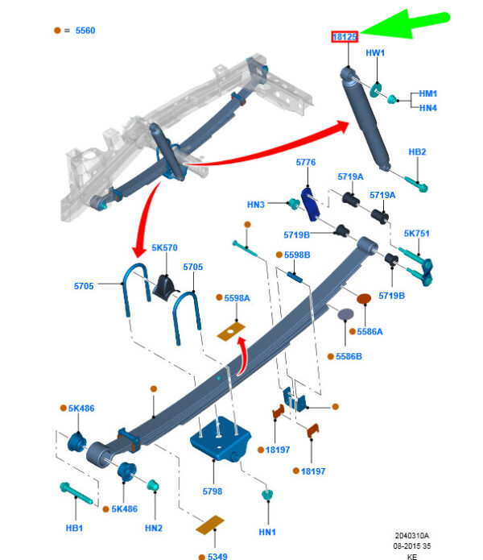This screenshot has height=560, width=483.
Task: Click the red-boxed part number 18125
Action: (x=345, y=36)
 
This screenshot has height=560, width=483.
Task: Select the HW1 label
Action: (x=376, y=53)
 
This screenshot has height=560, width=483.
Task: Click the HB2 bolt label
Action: (x=417, y=152)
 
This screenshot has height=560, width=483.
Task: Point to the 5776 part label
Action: (x=306, y=163)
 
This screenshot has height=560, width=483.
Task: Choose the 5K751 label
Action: (x=416, y=234)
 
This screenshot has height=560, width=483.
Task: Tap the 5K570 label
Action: (x=164, y=248)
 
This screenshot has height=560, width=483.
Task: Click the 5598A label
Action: (x=237, y=298)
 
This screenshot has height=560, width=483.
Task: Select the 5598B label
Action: (x=297, y=255)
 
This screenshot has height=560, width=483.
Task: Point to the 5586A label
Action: (x=370, y=330)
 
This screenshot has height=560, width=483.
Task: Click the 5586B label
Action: (x=349, y=356)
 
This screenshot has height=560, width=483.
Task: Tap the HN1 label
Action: (x=267, y=533)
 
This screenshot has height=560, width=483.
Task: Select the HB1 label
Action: (x=74, y=529)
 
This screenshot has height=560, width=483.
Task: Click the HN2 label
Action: (x=154, y=528)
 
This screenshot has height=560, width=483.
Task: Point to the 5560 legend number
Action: (x=85, y=31)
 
